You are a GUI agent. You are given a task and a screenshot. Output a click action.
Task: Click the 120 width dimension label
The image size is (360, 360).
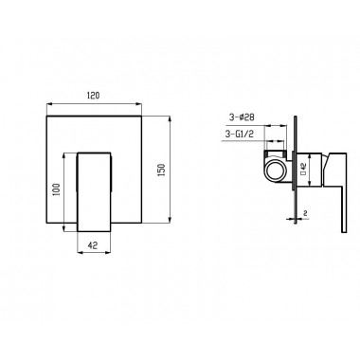(94, 95)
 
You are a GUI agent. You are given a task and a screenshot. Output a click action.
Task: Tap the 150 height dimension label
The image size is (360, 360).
(162, 170)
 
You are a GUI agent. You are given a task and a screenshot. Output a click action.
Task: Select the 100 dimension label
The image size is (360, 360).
(57, 189)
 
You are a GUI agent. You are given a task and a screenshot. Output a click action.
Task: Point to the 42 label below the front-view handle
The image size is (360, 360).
(93, 245)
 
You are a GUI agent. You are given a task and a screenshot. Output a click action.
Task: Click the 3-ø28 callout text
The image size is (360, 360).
(242, 117)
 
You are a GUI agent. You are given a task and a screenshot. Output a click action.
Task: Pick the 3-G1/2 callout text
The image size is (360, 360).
(240, 134)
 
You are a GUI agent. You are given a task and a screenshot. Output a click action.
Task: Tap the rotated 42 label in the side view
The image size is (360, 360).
(303, 169)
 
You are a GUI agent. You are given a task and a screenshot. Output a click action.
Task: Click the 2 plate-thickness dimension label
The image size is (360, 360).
(305, 213)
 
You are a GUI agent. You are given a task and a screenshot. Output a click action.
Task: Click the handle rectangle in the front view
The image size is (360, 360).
(95, 192)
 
